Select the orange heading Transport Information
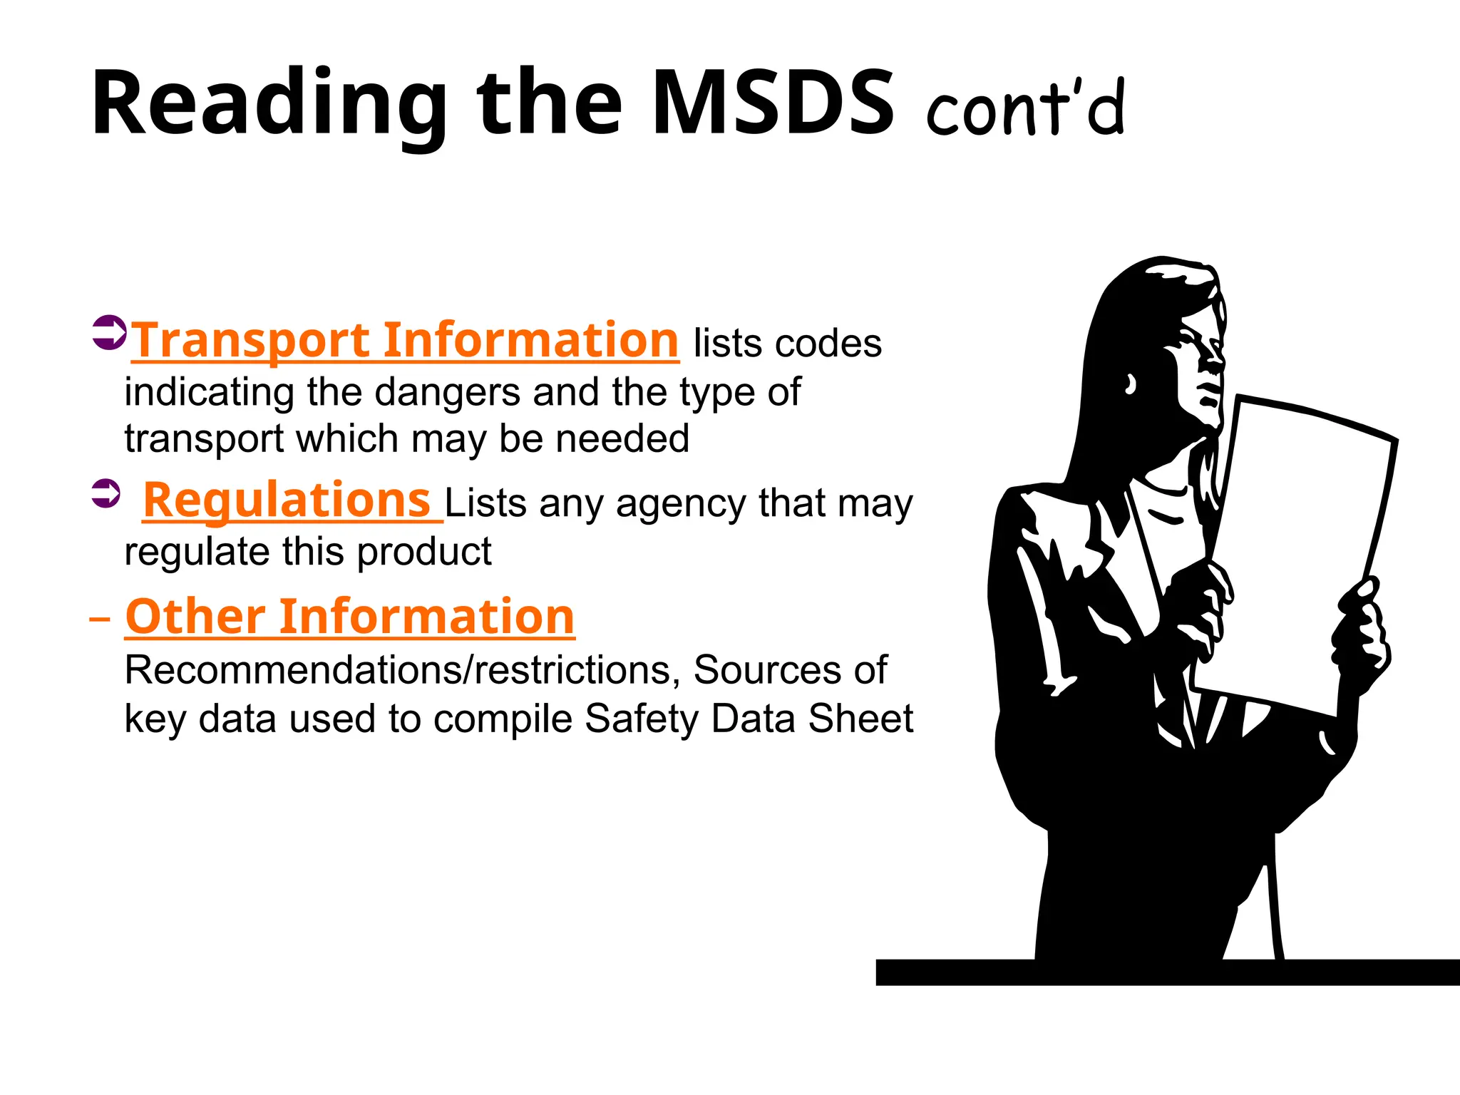click(405, 340)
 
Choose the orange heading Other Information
click(349, 616)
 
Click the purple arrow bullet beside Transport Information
click(109, 332)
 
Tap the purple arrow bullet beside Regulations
click(106, 493)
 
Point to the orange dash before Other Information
click(100, 618)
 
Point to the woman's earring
click(1130, 385)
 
